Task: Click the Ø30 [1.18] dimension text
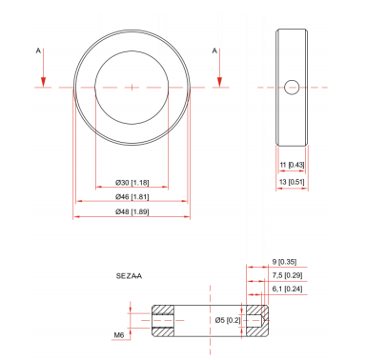132,181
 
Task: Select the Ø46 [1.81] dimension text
132,196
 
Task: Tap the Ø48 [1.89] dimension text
132,211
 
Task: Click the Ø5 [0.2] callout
228,319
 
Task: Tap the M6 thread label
119,334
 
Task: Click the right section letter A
215,48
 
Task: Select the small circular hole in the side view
291,87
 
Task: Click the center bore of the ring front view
132,87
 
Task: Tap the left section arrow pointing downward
42,71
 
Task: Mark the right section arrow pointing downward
220,71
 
